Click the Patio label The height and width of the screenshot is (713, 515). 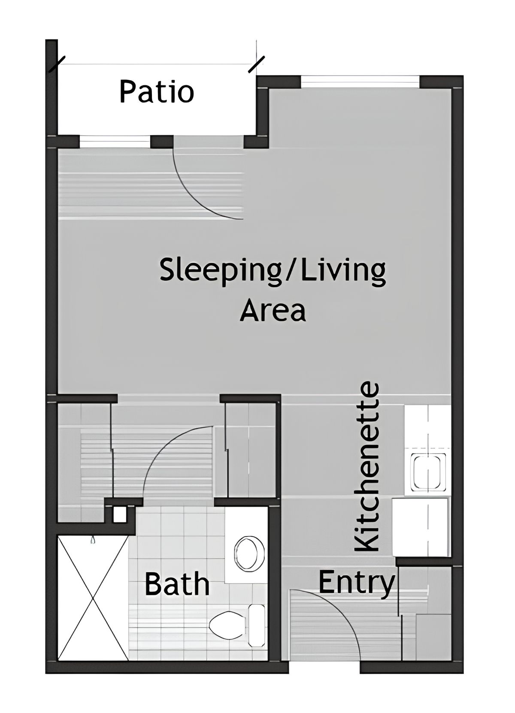[x=157, y=92]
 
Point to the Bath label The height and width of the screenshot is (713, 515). [x=177, y=584]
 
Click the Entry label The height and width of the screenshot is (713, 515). [x=356, y=582]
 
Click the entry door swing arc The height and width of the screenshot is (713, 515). [x=335, y=609]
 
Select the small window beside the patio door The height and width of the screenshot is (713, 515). [x=115, y=140]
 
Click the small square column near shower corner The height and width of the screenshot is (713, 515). [x=119, y=514]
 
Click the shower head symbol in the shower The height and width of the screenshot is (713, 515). [x=92, y=541]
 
